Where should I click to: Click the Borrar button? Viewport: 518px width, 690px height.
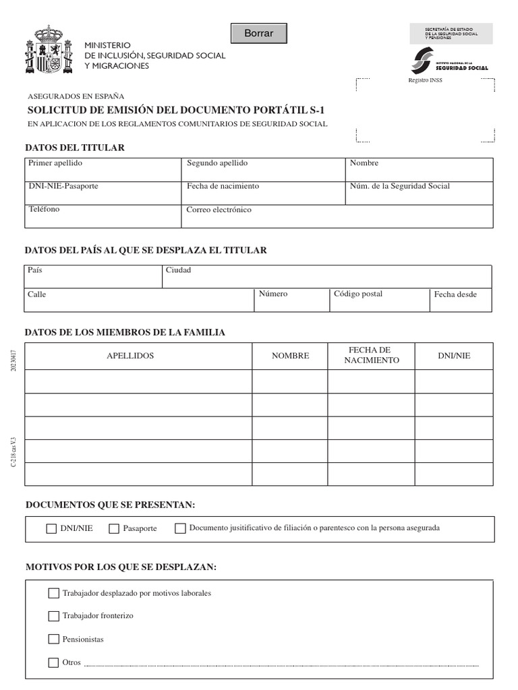point(259,33)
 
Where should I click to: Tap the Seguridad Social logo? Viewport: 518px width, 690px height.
point(449,62)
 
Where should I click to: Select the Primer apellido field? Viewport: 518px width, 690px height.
point(104,169)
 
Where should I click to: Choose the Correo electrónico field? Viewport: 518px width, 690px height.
point(338,216)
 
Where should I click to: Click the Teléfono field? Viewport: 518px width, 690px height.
point(104,216)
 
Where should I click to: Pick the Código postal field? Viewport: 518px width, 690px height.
point(379,300)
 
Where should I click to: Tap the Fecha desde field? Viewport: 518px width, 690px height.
point(461,300)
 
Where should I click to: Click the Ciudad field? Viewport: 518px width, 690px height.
point(326,276)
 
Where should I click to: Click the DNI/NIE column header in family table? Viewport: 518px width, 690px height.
point(454,356)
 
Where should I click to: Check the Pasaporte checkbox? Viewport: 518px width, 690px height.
point(114,529)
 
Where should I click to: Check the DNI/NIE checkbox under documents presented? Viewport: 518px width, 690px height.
point(52,529)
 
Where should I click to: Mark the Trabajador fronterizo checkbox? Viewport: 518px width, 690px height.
point(54,616)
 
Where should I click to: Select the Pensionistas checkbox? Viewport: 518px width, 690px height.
point(54,639)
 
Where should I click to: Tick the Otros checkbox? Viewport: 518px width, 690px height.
point(54,662)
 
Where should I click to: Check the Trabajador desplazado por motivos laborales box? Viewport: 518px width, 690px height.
point(54,593)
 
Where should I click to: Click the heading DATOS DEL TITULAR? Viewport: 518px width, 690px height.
point(75,148)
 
